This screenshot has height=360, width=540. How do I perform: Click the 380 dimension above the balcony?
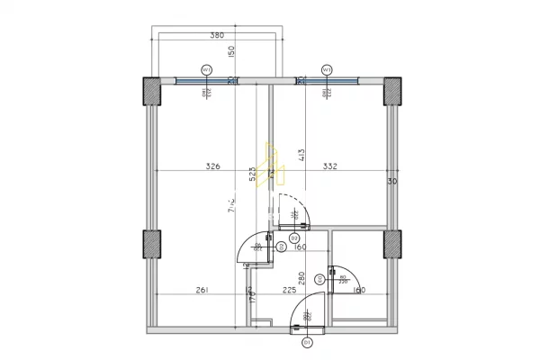coord(216,36)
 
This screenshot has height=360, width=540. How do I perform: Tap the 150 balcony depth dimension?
coord(231,52)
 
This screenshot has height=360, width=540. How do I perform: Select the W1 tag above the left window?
coord(206,68)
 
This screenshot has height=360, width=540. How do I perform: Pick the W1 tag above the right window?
coord(327,68)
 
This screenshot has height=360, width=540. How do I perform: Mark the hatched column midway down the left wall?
coord(151,245)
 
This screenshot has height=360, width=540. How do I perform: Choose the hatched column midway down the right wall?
coord(393,245)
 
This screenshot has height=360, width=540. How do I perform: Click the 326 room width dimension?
coord(212,166)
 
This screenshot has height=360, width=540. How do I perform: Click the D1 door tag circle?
coord(306,342)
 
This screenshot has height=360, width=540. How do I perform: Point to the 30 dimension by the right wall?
coord(391,182)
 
